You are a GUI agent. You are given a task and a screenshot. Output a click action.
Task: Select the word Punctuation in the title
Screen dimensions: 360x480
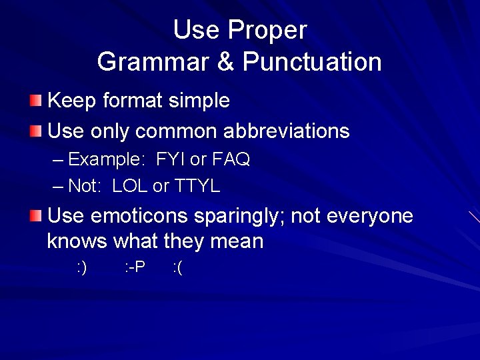pos(312,62)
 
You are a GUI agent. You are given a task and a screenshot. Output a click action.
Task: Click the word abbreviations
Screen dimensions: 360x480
pos(286,131)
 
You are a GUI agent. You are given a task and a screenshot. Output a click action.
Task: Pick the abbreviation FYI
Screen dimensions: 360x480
pos(171,160)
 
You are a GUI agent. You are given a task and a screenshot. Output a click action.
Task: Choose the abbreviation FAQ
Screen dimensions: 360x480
pos(231,160)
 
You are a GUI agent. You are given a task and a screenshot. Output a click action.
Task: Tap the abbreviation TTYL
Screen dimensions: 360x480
pos(197,186)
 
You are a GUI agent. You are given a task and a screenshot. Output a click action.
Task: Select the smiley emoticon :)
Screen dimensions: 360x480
pos(82,268)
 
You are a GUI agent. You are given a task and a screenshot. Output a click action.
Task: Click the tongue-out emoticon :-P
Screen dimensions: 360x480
pos(135,268)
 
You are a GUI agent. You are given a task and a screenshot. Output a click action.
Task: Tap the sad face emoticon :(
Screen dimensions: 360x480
pos(177,268)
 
